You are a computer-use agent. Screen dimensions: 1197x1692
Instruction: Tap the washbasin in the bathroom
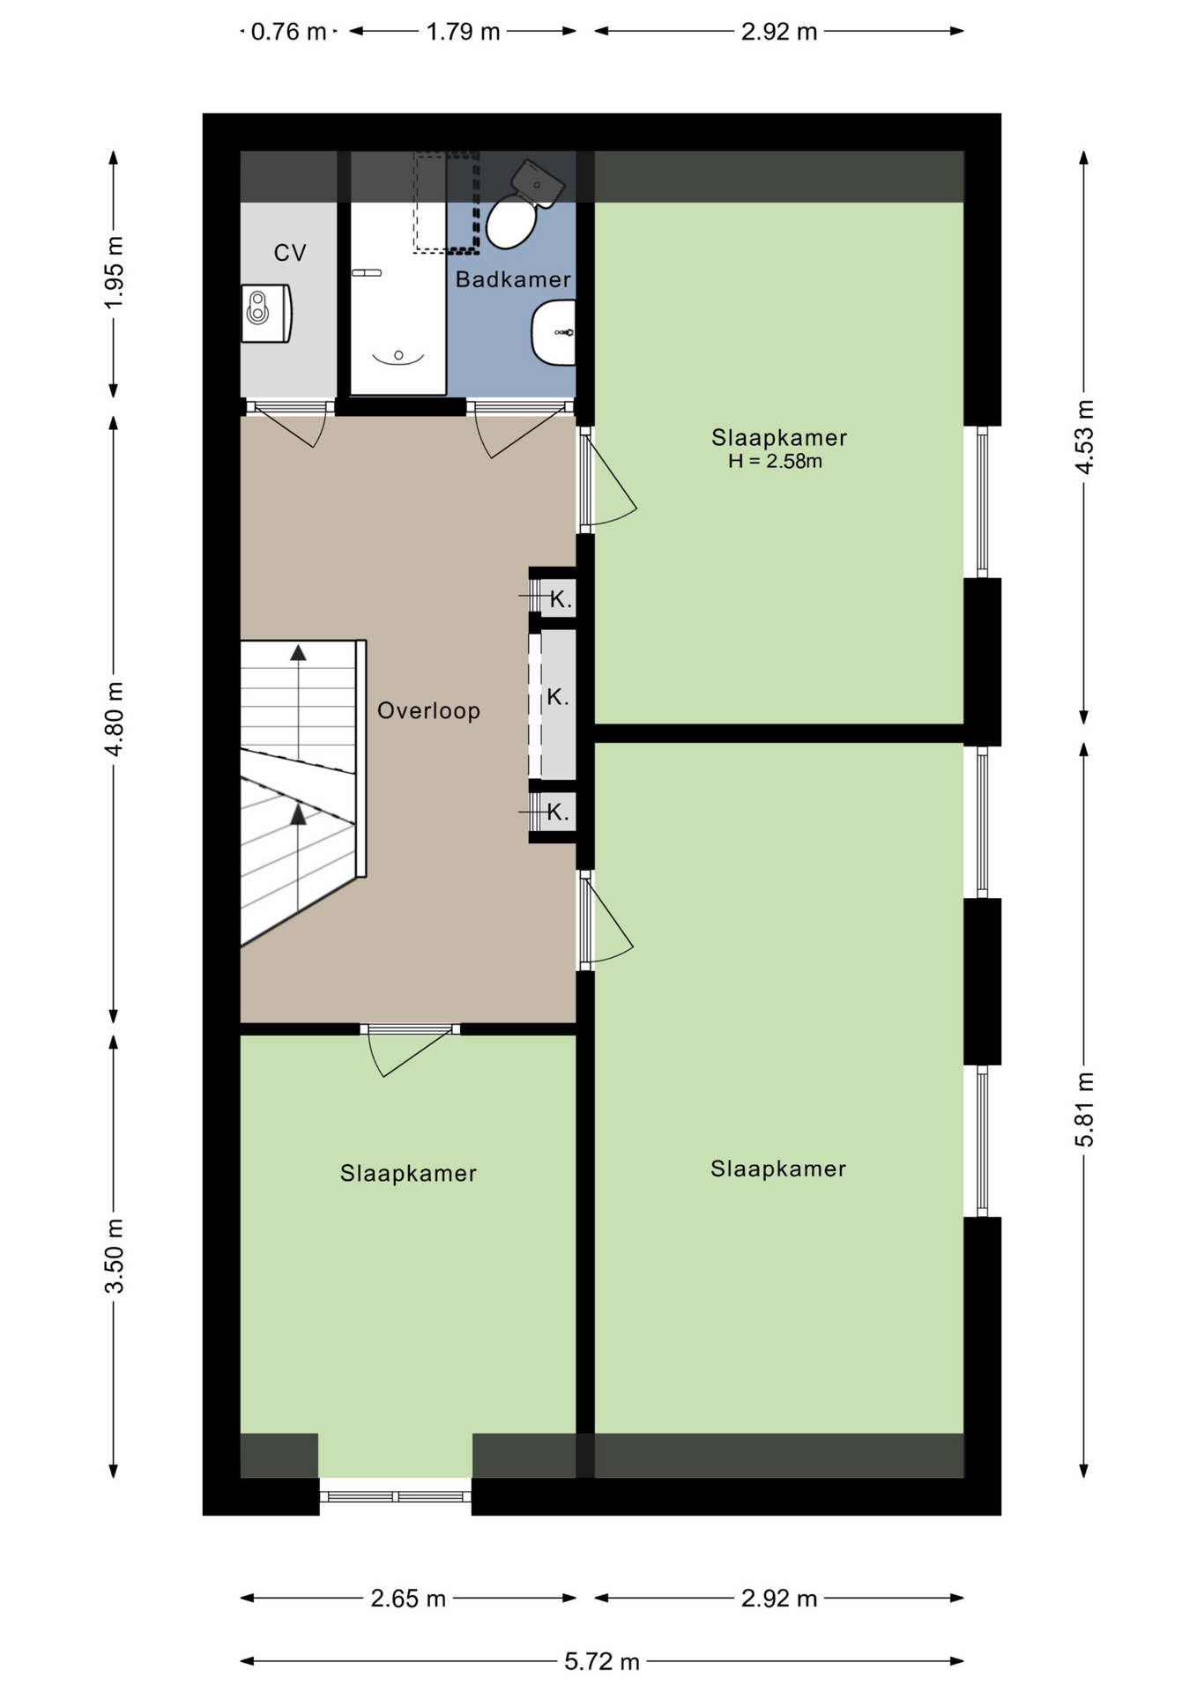point(554,332)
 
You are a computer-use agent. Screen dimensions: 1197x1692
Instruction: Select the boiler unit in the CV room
point(266,313)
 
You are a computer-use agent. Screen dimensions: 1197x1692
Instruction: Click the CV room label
point(290,254)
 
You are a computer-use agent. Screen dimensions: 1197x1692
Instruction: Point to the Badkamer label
point(513,279)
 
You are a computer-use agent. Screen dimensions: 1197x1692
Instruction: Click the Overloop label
point(429,710)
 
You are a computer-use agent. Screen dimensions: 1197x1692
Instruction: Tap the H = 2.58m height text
point(775,461)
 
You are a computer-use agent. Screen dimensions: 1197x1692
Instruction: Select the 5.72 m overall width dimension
point(602,1661)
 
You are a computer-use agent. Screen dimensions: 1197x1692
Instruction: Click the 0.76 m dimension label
point(289,32)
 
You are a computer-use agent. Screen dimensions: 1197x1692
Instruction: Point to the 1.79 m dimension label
point(464,32)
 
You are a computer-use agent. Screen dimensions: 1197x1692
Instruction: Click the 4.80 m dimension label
point(115,718)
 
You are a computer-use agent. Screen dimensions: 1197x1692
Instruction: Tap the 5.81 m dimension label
point(1084,1109)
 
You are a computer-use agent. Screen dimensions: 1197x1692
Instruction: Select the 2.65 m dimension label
point(408,1598)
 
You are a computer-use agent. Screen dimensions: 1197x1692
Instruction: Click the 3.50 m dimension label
point(115,1256)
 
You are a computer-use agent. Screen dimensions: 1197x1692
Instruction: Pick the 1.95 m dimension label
point(115,273)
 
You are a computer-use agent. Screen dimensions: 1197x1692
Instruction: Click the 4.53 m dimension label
point(1084,437)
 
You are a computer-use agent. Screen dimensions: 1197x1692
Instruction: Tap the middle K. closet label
point(557,697)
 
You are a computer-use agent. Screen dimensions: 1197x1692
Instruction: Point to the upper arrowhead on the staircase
point(299,652)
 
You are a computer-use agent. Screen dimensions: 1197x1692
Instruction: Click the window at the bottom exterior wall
point(396,1495)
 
